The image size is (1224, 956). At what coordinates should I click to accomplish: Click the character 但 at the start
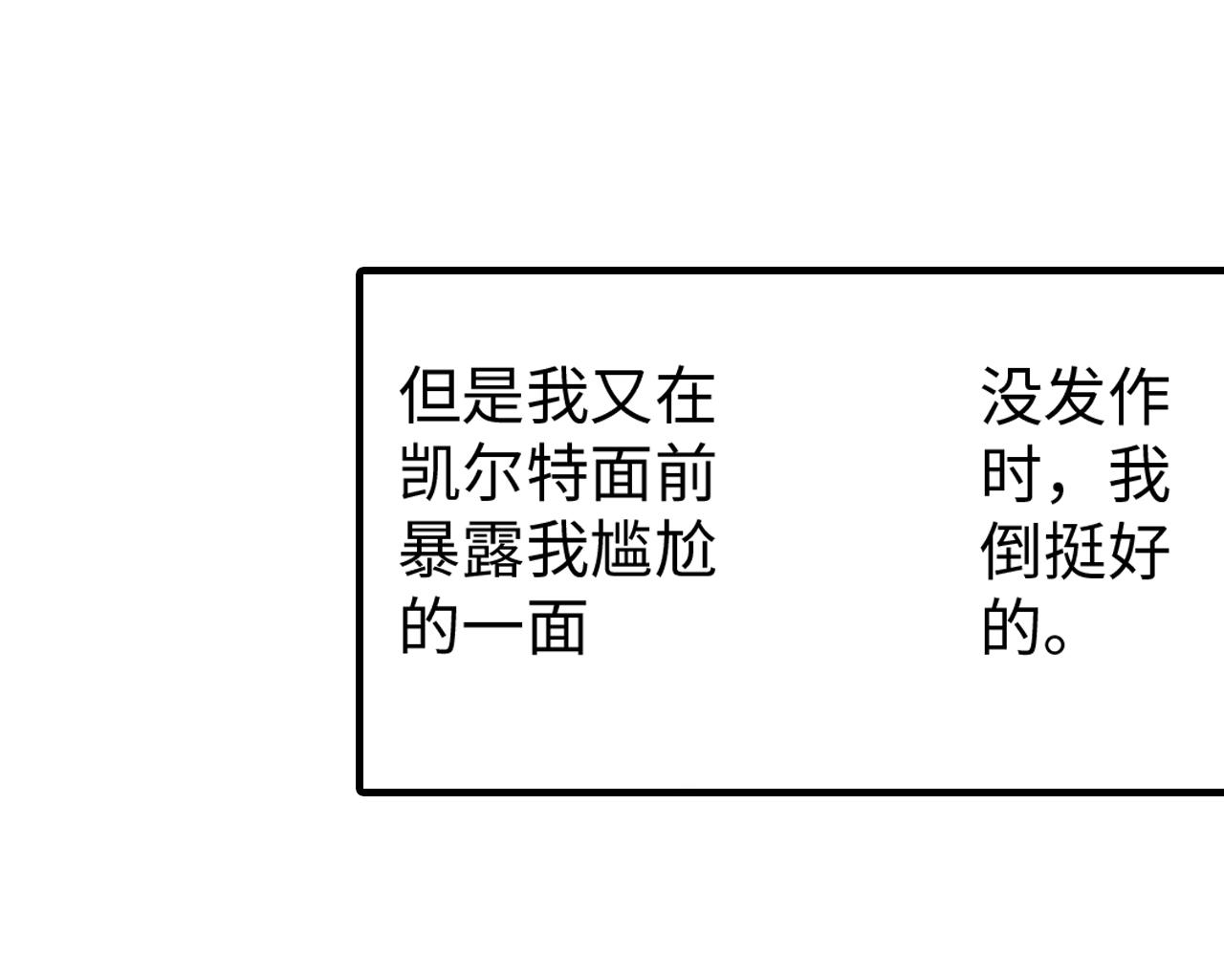[x=429, y=395]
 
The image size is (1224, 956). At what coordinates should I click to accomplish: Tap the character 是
[x=492, y=395]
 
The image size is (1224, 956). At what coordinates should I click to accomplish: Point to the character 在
[x=685, y=395]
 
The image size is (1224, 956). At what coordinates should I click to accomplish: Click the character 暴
[x=429, y=550]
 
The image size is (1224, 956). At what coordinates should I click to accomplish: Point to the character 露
[x=492, y=550]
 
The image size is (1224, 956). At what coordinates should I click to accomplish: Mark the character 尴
[x=621, y=550]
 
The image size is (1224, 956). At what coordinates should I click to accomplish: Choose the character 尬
[x=685, y=550]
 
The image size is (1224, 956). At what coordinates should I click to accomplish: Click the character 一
[x=492, y=627]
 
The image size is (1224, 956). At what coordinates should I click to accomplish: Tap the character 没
[x=1012, y=395]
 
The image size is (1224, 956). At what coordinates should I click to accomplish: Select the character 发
[x=1076, y=395]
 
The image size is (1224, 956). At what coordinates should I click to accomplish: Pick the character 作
[x=1140, y=395]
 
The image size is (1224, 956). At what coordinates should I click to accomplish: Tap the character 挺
[x=1076, y=550]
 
